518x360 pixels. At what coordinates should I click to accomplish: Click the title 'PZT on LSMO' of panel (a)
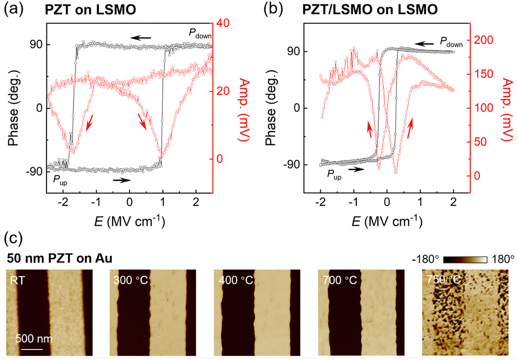pos(90,10)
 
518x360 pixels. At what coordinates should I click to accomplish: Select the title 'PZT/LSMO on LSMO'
pos(370,10)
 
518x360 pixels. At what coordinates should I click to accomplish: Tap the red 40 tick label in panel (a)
pos(223,23)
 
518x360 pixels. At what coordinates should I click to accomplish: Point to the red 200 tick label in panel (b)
pos(484,40)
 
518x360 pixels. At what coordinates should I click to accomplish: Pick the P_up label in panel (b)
pos(334,175)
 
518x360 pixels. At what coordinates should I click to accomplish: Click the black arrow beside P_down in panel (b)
pos(424,43)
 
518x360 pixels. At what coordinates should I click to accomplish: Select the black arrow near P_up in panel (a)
pos(122,180)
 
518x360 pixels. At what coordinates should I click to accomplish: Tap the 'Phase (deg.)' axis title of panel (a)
pos(14,108)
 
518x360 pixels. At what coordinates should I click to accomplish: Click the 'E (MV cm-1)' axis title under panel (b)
pos(386,221)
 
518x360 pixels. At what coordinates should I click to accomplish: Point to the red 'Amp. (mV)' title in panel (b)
pos(506,109)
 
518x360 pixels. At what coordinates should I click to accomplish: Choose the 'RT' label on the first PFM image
pos(17,280)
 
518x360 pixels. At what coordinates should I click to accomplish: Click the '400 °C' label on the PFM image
pos(236,280)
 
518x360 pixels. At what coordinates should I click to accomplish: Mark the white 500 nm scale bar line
pos(29,349)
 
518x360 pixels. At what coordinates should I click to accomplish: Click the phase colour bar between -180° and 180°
pos(465,259)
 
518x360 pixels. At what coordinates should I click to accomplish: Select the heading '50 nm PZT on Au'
pos(59,259)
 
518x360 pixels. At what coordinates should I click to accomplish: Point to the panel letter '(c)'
pos(13,238)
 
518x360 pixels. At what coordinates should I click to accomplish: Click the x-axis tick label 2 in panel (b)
pos(454,201)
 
